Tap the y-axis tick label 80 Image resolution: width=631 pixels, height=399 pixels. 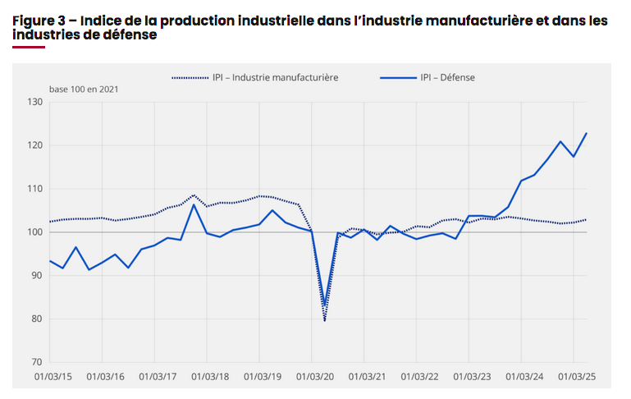(36, 319)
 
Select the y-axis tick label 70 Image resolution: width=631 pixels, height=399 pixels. (36, 362)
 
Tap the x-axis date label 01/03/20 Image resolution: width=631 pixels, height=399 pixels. (311, 377)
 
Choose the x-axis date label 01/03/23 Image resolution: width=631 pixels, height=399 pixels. (469, 377)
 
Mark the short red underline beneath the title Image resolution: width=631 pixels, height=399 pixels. (28, 47)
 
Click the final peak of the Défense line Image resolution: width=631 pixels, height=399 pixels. (587, 133)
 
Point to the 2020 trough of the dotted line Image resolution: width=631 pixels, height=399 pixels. (324, 320)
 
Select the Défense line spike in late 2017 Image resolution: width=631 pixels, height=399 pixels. (194, 204)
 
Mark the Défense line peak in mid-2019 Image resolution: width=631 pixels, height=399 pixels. (272, 210)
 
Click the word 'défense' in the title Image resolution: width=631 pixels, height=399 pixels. (128, 35)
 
